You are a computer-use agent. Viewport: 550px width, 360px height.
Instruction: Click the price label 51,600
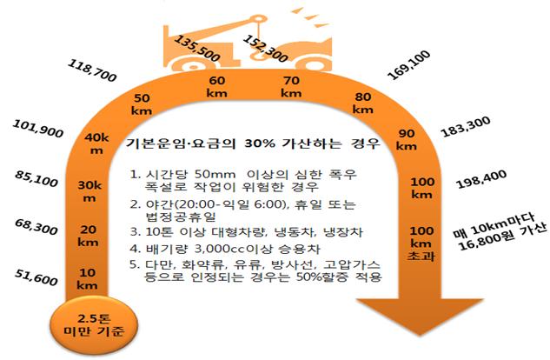point(36,277)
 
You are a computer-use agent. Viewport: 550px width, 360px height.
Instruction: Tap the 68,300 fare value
point(36,227)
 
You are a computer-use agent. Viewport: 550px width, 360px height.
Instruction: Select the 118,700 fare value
point(92,70)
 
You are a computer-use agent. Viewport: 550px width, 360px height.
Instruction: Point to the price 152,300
point(265,49)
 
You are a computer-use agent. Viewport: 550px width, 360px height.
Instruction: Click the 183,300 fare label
point(466,127)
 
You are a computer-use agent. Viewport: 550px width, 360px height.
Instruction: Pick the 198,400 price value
point(482,179)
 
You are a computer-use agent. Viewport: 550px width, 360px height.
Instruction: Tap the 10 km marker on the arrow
point(87,278)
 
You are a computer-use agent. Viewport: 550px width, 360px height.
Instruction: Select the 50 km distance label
point(142,104)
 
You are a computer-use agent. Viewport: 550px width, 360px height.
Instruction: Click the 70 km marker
point(291,87)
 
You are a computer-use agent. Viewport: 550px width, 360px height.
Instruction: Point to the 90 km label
point(407,140)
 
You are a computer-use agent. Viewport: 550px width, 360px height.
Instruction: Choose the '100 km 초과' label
point(421,243)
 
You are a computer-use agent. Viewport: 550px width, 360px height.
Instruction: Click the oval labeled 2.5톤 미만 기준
point(94,324)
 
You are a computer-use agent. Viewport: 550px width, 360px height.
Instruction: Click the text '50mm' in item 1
point(215,174)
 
